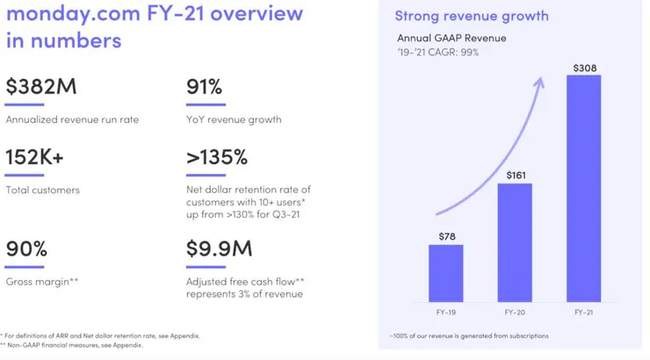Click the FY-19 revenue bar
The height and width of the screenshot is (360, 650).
pos(445,272)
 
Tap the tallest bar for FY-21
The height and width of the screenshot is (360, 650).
pos(583,189)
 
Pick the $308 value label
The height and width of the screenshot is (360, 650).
pos(583,67)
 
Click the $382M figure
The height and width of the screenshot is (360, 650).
pos(41,87)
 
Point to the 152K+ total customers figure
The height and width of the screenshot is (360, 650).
pos(35,158)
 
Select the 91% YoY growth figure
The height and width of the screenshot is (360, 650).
pos(204,87)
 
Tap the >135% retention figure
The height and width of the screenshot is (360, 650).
pos(216,158)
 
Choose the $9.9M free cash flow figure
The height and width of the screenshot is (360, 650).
pos(219,248)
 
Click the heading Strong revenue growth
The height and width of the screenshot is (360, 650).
pos(472,16)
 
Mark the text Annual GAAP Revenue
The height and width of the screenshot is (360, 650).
pos(451,38)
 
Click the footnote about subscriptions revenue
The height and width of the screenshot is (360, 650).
pos(469,335)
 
